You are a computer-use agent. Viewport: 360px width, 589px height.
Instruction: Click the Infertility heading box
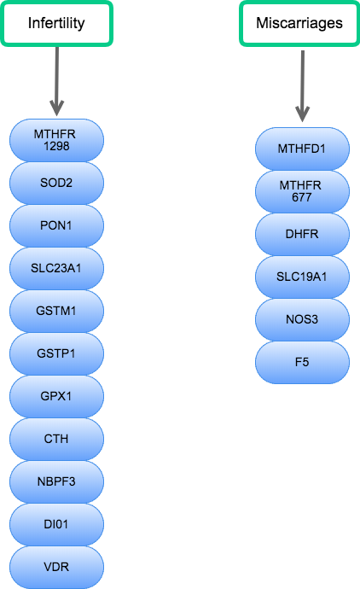[56, 23]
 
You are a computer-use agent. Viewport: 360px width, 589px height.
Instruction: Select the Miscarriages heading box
[299, 23]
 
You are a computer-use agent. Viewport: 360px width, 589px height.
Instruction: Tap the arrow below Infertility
[56, 81]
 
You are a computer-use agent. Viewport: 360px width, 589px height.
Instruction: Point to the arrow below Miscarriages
[302, 86]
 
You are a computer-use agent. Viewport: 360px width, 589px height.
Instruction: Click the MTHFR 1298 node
[56, 141]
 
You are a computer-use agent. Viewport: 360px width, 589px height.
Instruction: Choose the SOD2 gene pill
[56, 183]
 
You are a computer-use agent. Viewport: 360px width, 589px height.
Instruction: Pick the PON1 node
[56, 225]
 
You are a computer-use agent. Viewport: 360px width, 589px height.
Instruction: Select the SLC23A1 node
[56, 268]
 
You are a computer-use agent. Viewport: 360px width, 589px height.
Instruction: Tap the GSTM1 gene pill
[56, 311]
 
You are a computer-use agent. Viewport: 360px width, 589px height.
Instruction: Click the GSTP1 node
[56, 353]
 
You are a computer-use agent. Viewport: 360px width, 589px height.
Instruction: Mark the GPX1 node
[56, 396]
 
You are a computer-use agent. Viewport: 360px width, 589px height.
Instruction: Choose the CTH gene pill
[56, 439]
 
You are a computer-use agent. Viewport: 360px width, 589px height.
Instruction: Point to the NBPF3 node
[56, 481]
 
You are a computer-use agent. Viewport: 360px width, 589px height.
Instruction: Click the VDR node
[56, 567]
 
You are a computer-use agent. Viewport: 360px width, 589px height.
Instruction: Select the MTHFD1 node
[302, 149]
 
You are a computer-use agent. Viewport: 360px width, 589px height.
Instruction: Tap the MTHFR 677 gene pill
[302, 191]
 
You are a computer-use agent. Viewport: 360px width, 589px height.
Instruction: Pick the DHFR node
[302, 234]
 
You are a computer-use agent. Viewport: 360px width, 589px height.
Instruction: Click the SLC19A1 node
[302, 277]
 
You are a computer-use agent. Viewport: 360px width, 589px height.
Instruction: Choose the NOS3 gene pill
[302, 319]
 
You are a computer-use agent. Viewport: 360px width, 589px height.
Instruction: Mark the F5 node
[302, 362]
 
